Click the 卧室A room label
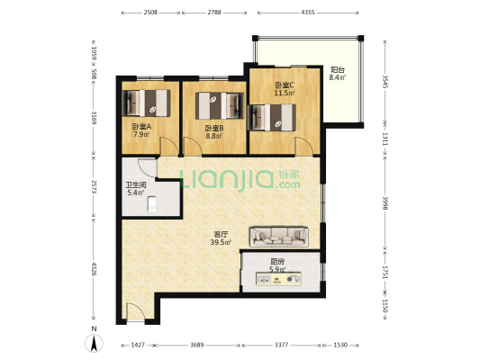click(140, 126)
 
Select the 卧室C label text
click(285, 84)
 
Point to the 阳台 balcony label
click(338, 69)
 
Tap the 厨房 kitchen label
click(277, 261)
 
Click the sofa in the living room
click(280, 236)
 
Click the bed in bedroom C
click(273, 115)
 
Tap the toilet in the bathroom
click(151, 204)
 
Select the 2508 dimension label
click(150, 13)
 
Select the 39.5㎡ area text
click(221, 242)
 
